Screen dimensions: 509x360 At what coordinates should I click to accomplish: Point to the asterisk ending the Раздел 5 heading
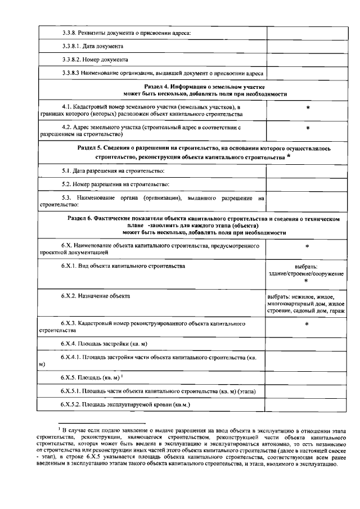tap(289, 157)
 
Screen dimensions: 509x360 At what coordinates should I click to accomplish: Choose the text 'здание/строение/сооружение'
tap(307, 273)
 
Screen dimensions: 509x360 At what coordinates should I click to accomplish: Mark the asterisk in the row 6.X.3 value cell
tap(308, 326)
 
